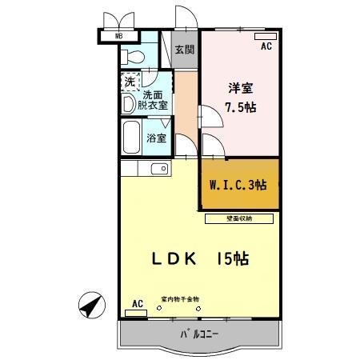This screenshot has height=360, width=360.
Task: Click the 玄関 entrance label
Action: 184,50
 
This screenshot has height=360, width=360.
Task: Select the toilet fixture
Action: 133,55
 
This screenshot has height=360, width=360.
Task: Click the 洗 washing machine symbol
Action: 129,81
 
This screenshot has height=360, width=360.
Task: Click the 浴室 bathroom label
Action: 157,138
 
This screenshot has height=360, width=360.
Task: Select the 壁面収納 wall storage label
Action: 239,218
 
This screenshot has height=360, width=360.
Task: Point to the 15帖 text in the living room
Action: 231,258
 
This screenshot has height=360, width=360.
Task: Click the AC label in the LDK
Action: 136,304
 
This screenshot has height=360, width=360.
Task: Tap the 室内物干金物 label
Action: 180,299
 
